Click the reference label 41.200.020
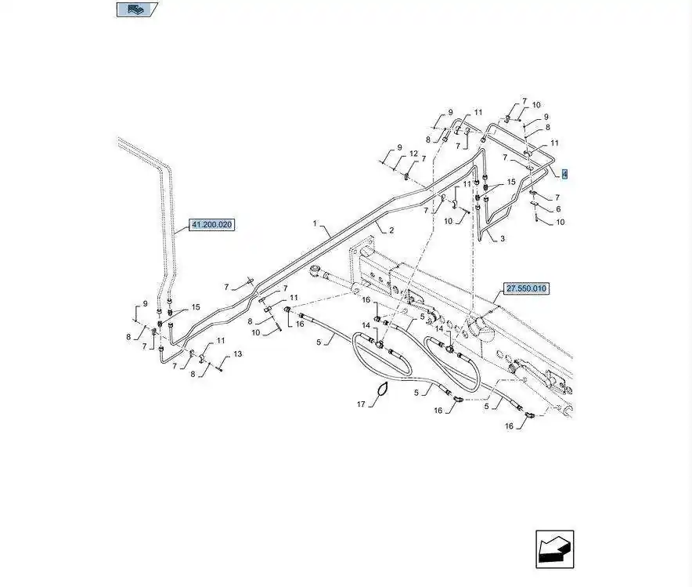[212, 225]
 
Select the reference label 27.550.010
[527, 289]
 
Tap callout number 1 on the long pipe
[315, 223]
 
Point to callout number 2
[391, 230]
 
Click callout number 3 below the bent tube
[502, 238]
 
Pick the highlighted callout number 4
[564, 173]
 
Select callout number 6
[558, 209]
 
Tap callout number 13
[238, 354]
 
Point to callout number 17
[362, 404]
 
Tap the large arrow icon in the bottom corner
[555, 549]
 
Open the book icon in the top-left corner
[137, 10]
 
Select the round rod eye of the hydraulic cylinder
[315, 274]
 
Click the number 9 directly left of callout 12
[399, 147]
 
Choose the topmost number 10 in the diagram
[536, 105]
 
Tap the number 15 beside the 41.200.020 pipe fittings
[196, 307]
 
